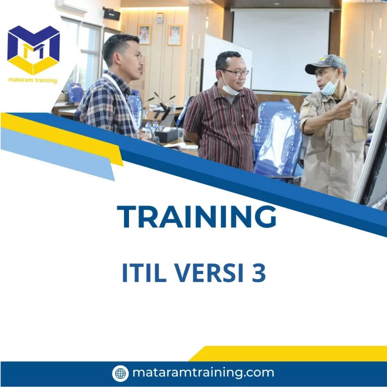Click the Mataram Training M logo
coord(33,50)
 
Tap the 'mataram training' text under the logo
coord(33,80)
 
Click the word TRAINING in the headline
coord(197,217)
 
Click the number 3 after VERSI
coord(259,273)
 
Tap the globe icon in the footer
coord(120,373)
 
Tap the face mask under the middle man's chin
coord(229,89)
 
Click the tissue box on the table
coord(166,134)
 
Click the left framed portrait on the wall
coord(145,34)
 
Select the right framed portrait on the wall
coord(174,35)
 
